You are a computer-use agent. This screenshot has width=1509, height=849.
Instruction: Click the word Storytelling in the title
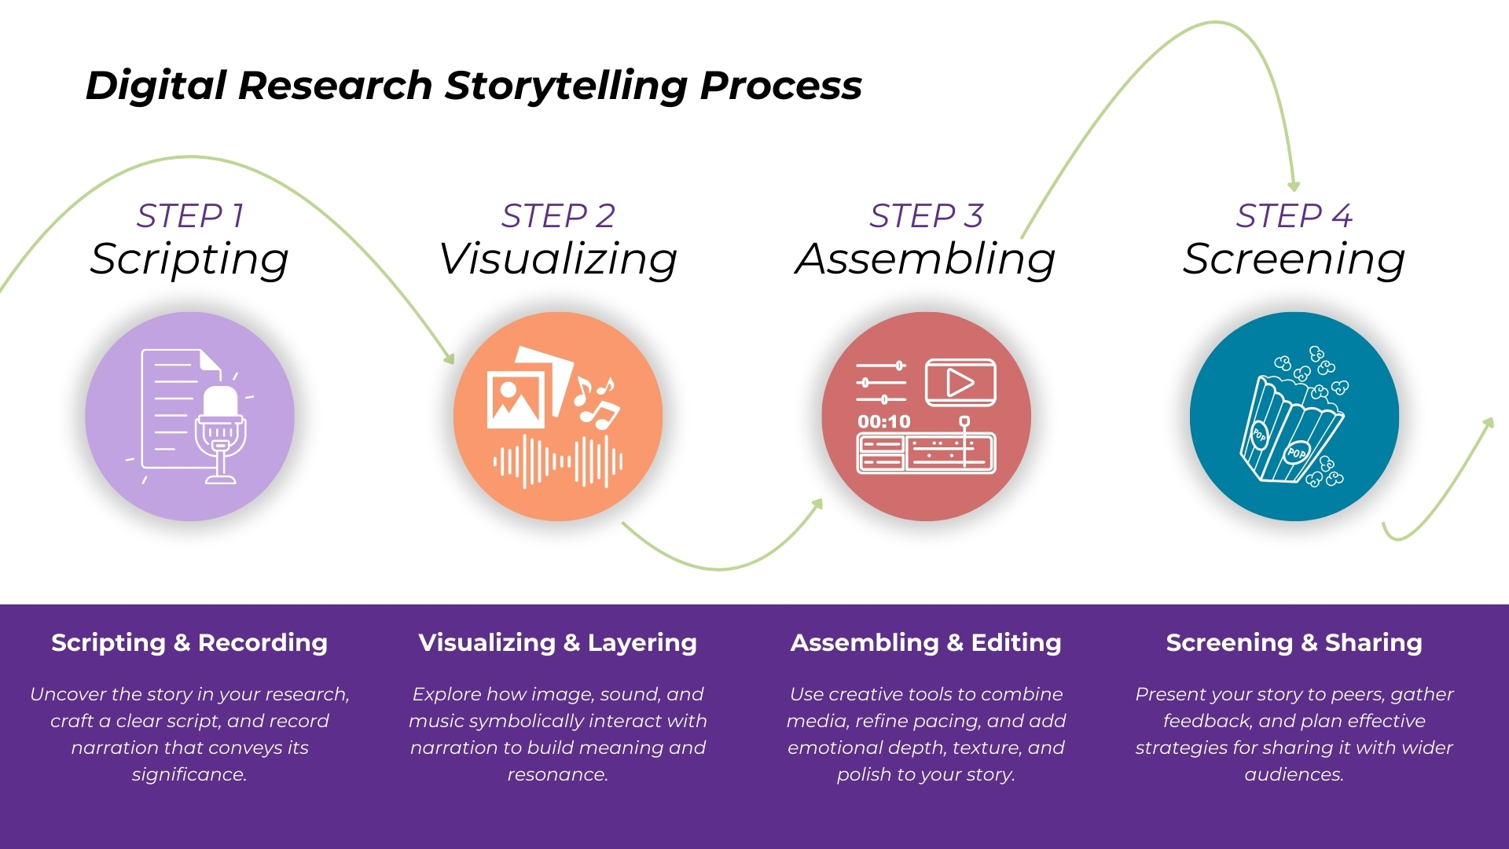tap(566, 86)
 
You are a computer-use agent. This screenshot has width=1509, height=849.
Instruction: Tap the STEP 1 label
tap(190, 215)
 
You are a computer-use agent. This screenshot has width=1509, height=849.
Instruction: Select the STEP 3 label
tap(926, 215)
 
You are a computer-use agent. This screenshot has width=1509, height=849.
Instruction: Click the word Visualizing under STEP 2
tap(558, 259)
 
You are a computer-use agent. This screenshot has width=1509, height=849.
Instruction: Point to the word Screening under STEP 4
tap(1294, 259)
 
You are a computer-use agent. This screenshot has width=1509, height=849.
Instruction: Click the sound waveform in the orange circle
tap(558, 461)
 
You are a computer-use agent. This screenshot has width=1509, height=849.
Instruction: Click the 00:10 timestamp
tap(883, 422)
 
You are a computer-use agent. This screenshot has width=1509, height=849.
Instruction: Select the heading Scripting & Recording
tap(189, 642)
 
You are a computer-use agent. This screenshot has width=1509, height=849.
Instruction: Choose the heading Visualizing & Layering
tap(558, 642)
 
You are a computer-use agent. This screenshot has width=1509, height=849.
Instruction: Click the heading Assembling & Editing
tap(926, 642)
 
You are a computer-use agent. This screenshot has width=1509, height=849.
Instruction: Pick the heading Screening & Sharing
tap(1294, 642)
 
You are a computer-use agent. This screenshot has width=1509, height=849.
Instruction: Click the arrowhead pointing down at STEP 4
tap(1294, 186)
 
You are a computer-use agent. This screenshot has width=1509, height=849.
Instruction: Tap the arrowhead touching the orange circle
tap(450, 358)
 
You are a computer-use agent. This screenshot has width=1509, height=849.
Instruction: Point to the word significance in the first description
tap(189, 775)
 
